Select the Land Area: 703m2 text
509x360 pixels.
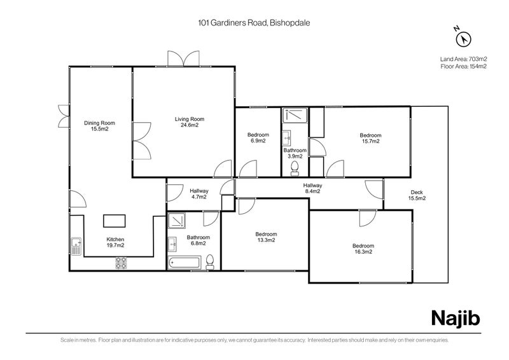click(x=463, y=59)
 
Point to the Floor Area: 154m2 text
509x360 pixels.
click(x=463, y=66)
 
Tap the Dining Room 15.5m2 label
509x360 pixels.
click(x=99, y=125)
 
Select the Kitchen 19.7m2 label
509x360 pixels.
click(x=115, y=242)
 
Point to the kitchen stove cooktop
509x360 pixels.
click(x=120, y=262)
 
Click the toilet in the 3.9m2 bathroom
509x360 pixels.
click(x=294, y=167)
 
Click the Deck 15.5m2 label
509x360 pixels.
click(x=417, y=195)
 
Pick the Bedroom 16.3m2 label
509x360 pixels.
click(x=363, y=249)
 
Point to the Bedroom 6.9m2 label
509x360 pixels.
click(x=258, y=138)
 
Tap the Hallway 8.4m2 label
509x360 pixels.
click(x=312, y=188)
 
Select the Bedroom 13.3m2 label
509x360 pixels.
click(x=265, y=237)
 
